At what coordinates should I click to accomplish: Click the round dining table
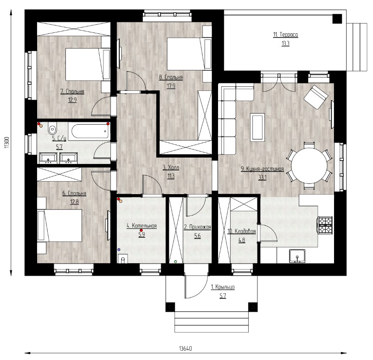point(309,165)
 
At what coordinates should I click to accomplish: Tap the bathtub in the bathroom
point(90,131)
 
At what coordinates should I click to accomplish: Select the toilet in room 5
point(52,128)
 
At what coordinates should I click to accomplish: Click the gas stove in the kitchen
point(325,225)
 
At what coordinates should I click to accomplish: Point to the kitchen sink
point(297,256)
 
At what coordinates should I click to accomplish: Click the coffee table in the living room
point(257,127)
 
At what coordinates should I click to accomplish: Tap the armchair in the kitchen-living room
point(316,97)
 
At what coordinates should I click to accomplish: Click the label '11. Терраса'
point(285,35)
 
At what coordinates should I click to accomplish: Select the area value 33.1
point(263,177)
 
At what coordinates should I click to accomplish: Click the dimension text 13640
point(185,348)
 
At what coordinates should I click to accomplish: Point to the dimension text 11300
point(6,143)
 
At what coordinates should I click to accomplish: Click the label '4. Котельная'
point(141,226)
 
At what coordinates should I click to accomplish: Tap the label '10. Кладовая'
point(241,232)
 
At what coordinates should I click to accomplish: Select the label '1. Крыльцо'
point(223,287)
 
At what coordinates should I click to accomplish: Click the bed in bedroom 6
point(60,225)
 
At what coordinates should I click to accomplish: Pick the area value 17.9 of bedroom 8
point(171,86)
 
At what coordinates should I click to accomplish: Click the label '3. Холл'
point(171,168)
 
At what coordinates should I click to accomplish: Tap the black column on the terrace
point(337,19)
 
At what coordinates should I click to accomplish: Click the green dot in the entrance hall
point(176,262)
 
